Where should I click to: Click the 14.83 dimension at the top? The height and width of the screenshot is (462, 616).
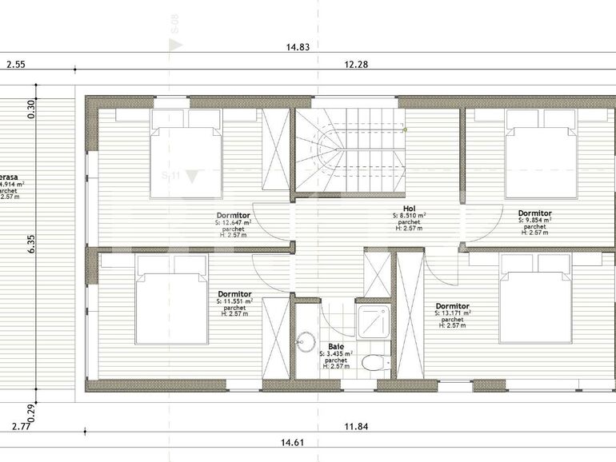298,47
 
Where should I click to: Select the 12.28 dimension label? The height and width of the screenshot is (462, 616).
356,65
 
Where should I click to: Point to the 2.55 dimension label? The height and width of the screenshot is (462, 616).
17,65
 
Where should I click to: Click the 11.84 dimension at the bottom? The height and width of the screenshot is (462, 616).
356,427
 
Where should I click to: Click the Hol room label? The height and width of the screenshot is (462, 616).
409,208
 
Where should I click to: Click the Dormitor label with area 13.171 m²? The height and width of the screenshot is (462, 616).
452,306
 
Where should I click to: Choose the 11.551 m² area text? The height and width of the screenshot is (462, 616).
237,301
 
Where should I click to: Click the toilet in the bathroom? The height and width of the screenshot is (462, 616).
371,364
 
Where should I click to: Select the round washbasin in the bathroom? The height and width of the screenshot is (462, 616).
305,342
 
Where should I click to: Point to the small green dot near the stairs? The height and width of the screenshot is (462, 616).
406,129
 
